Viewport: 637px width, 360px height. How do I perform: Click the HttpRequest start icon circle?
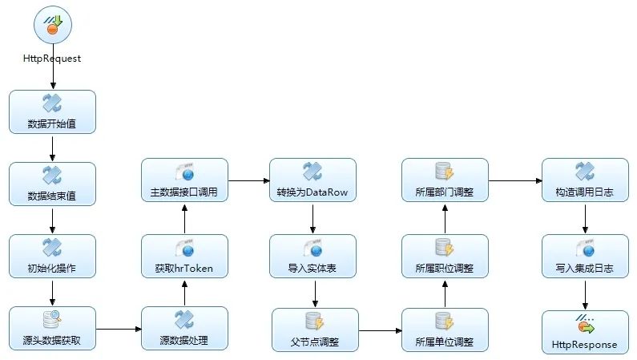[53, 25]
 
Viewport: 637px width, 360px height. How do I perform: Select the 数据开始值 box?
[53, 112]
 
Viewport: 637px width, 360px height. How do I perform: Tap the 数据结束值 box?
[53, 184]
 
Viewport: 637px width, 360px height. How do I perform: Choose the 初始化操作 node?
[53, 257]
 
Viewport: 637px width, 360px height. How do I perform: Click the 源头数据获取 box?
[53, 329]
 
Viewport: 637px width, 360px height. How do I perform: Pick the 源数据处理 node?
[185, 329]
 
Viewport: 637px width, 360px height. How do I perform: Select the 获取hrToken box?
[185, 257]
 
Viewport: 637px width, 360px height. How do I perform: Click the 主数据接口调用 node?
[185, 180]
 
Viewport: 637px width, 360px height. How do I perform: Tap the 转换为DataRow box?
[312, 180]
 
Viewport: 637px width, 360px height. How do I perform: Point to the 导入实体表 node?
[312, 257]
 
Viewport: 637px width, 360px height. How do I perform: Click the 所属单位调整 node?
[445, 330]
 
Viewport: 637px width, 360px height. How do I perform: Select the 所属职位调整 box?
[445, 257]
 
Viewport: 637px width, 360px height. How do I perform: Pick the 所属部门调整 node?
[445, 180]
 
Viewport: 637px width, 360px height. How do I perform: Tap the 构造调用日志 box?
[585, 180]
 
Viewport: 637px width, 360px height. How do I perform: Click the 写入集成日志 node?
[585, 257]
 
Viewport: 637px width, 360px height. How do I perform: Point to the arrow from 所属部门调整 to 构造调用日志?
[514, 180]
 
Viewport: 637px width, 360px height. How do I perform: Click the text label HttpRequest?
[53, 59]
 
